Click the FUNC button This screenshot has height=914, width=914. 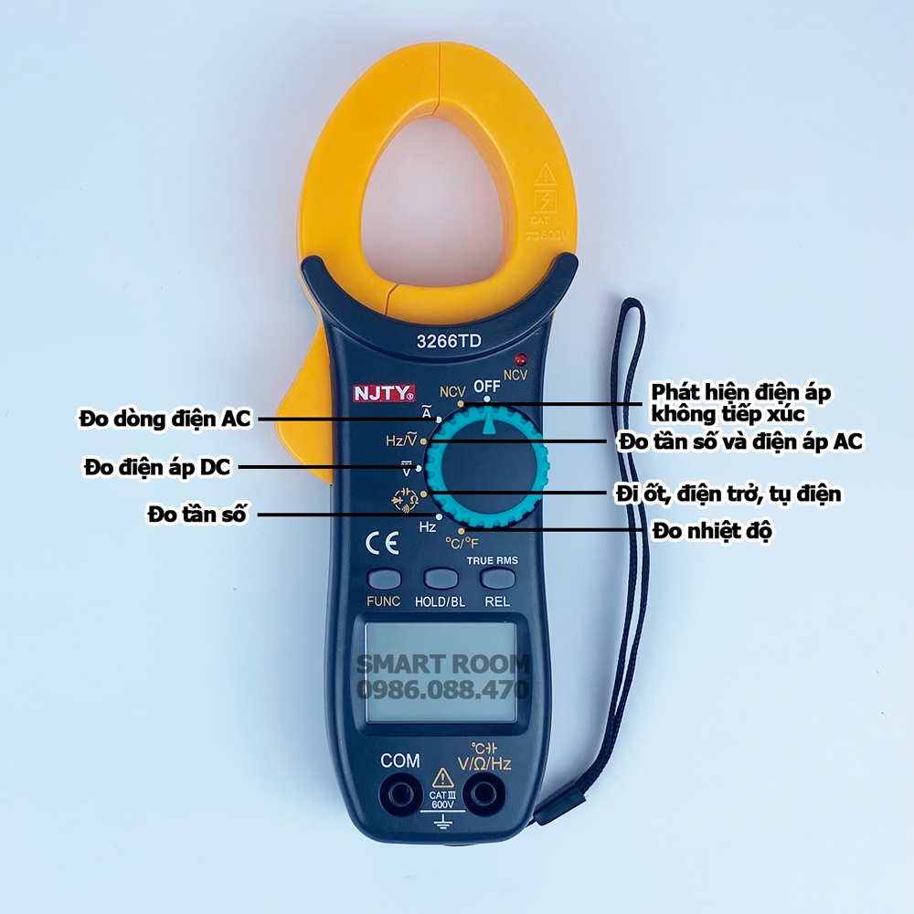[x=384, y=579]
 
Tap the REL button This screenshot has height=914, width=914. [x=496, y=579]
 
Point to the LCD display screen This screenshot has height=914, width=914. [x=442, y=672]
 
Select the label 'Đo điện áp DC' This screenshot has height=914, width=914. [x=157, y=468]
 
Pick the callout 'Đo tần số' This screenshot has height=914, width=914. [x=197, y=515]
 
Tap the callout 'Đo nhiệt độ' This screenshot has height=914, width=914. [x=712, y=530]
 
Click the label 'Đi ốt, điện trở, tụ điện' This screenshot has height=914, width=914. [x=728, y=494]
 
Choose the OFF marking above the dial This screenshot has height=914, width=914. [x=487, y=386]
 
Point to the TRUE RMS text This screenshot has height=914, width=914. [x=492, y=560]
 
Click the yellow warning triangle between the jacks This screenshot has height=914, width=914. [x=442, y=778]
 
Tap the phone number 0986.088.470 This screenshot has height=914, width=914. [x=442, y=688]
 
